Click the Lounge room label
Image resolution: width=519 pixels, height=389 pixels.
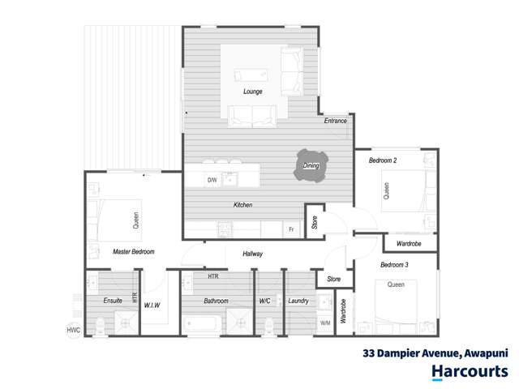[252, 92]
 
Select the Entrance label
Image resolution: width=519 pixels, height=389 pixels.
[336, 122]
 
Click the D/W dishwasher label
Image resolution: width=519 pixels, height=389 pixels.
[212, 180]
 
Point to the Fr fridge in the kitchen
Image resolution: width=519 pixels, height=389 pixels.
[290, 230]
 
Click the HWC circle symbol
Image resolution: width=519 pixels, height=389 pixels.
[74, 330]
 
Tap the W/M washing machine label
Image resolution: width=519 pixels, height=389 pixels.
[325, 323]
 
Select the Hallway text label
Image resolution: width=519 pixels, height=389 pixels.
[253, 254]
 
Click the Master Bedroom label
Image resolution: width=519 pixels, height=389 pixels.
[134, 252]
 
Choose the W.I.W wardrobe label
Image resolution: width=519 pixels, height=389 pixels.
[152, 306]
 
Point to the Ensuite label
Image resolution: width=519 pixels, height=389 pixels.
[113, 301]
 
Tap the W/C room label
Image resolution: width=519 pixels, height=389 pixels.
[264, 301]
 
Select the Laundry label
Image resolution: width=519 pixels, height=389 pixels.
[299, 301]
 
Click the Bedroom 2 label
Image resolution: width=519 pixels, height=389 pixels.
[383, 160]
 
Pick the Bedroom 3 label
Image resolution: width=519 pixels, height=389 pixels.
[394, 265]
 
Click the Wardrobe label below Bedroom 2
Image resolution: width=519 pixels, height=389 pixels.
[408, 243]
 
